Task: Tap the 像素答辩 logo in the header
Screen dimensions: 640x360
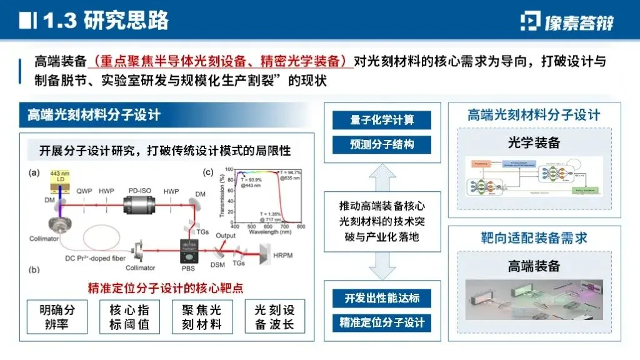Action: click(x=567, y=22)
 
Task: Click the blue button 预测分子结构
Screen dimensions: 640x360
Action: click(x=382, y=144)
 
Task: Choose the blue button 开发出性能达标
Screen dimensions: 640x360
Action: click(x=382, y=298)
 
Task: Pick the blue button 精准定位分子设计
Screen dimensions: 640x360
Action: click(x=382, y=322)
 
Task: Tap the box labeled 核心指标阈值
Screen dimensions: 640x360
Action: click(x=129, y=317)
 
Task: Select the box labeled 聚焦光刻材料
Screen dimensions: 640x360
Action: click(x=201, y=317)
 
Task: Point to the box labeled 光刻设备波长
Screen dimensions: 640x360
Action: click(x=274, y=317)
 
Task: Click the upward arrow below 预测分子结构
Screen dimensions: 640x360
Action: click(x=382, y=172)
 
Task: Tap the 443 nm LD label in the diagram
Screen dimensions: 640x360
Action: click(x=59, y=176)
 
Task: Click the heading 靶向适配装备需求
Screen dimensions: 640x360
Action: click(x=534, y=238)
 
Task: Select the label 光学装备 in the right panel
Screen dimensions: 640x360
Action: click(x=534, y=142)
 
